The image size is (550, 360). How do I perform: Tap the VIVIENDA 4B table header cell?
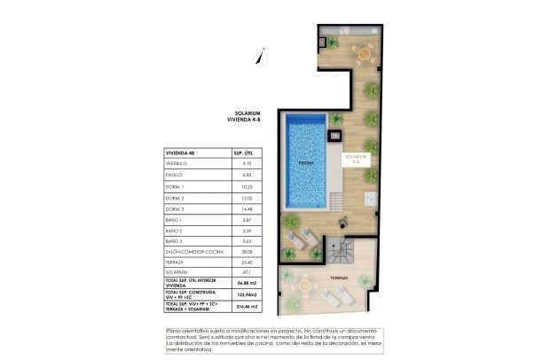180,153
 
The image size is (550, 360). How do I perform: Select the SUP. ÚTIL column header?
243,153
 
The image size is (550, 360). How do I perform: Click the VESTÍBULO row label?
177,165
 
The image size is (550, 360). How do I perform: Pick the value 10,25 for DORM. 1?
247,187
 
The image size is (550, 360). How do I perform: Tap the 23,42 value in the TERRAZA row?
247,262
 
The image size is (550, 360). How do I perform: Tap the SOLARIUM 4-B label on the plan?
356,160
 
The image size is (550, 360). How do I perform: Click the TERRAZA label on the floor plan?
338,277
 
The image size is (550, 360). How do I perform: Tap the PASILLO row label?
175,176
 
